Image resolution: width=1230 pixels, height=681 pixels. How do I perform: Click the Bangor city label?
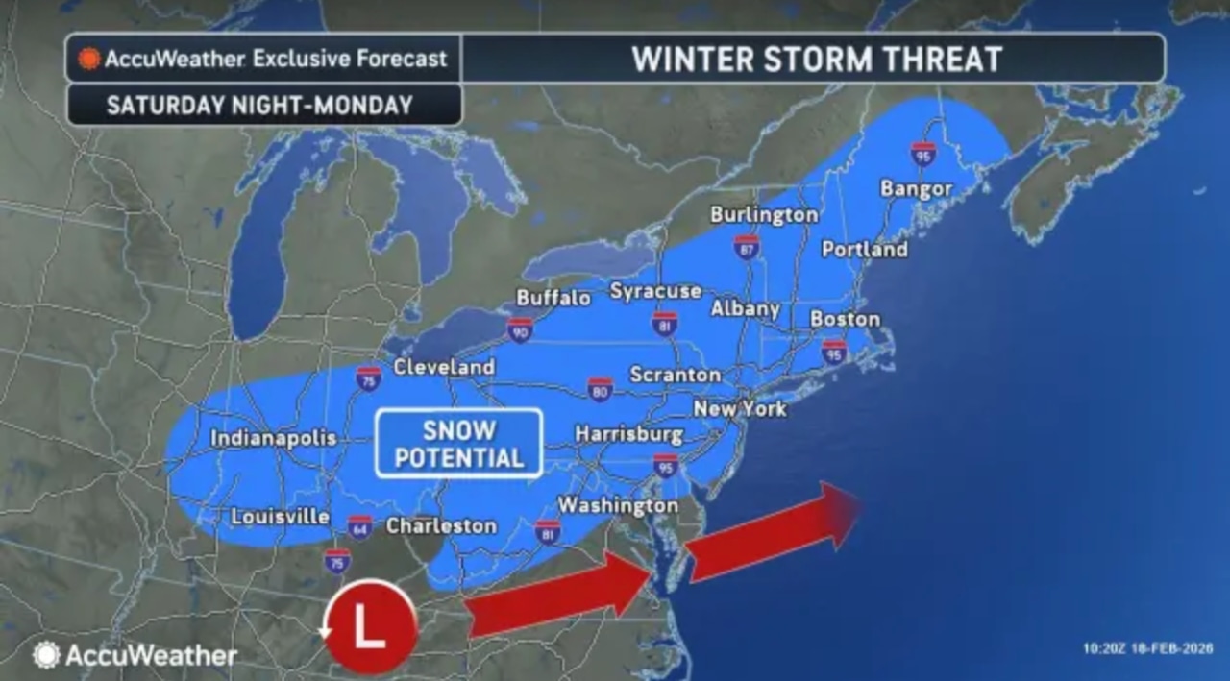[916, 188]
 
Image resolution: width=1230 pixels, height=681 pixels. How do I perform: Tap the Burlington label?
[764, 214]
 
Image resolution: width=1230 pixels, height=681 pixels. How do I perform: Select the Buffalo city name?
[553, 298]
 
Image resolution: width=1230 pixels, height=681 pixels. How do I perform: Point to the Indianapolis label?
[274, 438]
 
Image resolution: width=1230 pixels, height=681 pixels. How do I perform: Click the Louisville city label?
[280, 517]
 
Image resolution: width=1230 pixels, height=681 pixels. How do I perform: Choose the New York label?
[740, 408]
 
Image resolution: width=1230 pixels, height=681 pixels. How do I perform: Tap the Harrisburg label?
[628, 434]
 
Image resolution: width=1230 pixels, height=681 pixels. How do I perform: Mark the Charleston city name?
[441, 525]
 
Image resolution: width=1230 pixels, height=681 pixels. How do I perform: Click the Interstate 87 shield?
[747, 246]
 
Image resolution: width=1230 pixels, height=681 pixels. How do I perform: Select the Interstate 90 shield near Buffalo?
[520, 329]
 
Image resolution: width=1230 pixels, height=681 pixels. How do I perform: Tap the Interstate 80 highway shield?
[601, 387]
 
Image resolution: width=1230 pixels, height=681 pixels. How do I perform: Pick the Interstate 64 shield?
[359, 527]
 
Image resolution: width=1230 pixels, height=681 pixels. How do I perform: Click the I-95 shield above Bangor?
[922, 154]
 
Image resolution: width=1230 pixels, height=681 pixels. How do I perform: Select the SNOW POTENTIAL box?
[458, 443]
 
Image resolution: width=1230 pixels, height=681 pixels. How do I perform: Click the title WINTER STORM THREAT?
[816, 60]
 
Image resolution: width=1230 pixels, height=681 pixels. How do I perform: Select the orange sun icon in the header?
[89, 59]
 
